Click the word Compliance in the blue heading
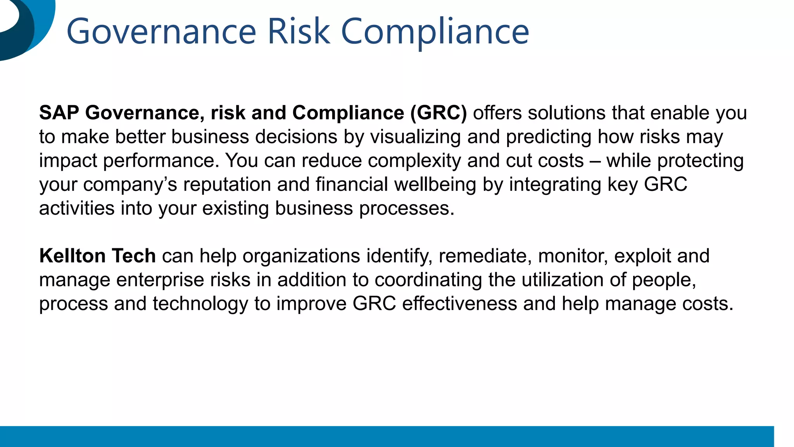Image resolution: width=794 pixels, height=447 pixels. [435, 32]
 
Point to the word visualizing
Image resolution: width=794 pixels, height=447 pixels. [415, 137]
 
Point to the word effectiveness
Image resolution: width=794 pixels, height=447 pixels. [459, 304]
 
